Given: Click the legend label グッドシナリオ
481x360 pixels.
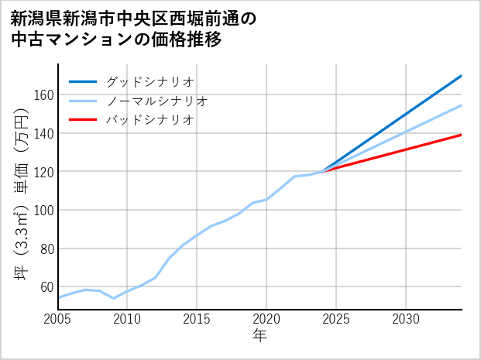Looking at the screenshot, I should (150, 81).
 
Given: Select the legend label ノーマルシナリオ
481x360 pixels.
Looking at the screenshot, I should (157, 101).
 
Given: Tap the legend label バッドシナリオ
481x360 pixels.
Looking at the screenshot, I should (150, 120).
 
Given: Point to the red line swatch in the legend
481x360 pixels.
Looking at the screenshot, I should (83, 120).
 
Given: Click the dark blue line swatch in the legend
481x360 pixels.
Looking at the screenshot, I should (83, 81).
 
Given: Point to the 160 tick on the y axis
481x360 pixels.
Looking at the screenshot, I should (43, 94).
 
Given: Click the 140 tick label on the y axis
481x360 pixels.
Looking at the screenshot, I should (43, 133).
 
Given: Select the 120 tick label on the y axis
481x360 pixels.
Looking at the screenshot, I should (43, 172).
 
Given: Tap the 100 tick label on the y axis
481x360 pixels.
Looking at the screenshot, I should (43, 210).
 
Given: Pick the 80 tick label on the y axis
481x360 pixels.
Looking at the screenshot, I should (46, 249).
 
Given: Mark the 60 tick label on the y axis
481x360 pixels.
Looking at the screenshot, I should (46, 287).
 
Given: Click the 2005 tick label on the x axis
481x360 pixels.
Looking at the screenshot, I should (58, 319).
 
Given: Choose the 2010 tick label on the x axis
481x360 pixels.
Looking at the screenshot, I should (128, 319).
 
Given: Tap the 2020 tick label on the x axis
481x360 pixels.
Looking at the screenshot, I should (266, 319).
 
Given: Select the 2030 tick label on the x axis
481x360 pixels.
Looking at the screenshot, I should (406, 319).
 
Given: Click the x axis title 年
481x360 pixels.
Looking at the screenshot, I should (260, 336).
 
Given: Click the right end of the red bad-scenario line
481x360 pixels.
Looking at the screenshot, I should (461, 135).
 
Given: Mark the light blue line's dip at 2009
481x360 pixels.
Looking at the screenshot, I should (114, 298).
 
